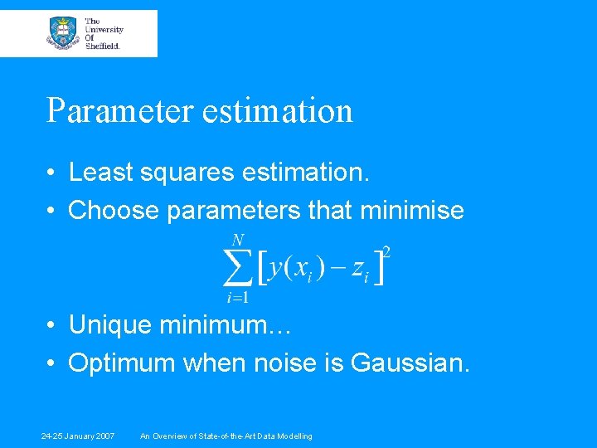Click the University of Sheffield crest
(x=64, y=32)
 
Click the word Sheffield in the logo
(x=103, y=46)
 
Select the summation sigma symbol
(x=237, y=266)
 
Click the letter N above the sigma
(x=238, y=241)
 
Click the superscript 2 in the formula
(x=386, y=250)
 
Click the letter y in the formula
(x=278, y=269)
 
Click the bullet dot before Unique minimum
(x=51, y=326)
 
